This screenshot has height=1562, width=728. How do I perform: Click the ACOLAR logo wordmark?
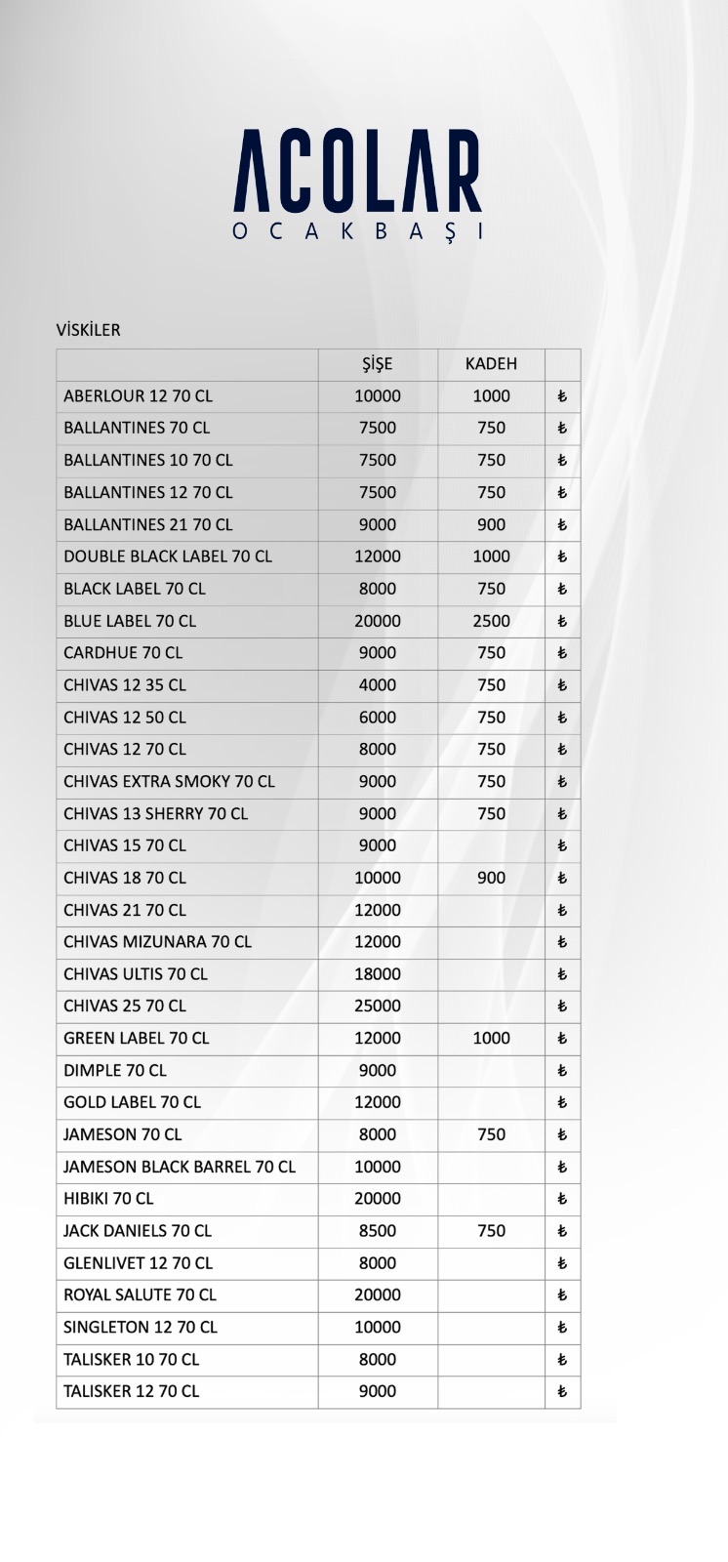coord(357,172)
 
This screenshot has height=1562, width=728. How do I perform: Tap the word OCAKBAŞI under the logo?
coord(357,232)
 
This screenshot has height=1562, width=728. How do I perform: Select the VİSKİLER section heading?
coord(89,330)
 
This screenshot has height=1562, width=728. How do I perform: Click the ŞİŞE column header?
coord(377,364)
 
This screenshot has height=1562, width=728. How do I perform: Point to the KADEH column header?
coord(491,364)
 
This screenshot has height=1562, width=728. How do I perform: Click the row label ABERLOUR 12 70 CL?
coord(138,396)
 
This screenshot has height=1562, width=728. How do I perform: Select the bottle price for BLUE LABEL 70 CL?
coord(377,621)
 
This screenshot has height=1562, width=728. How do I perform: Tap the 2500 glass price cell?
coord(491,621)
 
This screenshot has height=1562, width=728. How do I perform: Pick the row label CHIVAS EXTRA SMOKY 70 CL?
coord(169,781)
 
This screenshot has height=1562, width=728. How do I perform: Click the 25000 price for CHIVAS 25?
coord(377,1006)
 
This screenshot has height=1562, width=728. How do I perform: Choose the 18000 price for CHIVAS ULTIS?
coord(377,973)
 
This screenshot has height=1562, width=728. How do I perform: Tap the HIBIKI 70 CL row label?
coord(108,1199)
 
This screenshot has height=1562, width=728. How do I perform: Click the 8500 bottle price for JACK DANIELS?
coord(377,1231)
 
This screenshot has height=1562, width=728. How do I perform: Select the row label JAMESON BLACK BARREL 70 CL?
coord(180,1167)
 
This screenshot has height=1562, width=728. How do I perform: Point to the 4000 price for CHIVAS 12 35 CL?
coord(377,685)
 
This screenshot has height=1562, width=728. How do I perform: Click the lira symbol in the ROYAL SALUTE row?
coord(562,1295)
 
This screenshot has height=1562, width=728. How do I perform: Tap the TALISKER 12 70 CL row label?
coord(131,1391)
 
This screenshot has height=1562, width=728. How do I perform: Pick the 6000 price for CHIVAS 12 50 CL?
coord(377,717)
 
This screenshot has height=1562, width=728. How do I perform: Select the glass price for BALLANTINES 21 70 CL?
coord(491,524)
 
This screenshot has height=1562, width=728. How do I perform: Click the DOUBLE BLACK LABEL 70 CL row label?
coord(168,556)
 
